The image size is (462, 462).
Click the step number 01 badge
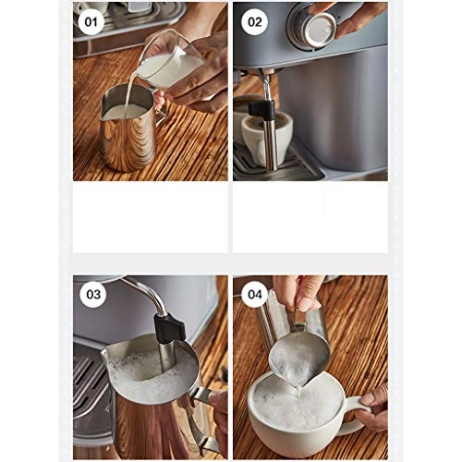tap(91, 22)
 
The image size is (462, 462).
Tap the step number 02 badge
tap(255, 22)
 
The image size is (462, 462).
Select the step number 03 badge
tap(93, 295)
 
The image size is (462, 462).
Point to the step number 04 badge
tap(255, 295)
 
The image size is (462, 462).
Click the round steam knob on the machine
tap(311, 27)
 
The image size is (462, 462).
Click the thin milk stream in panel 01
tap(129, 92)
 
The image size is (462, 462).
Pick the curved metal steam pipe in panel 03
tap(145, 293)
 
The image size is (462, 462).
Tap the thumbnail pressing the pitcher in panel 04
tap(305, 305)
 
